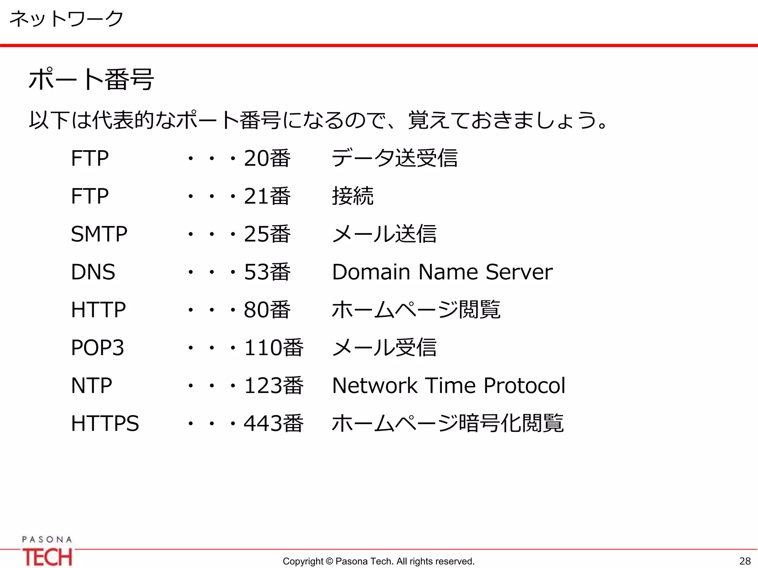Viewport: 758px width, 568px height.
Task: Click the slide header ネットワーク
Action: tap(66, 18)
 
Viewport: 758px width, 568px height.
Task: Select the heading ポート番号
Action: tap(91, 80)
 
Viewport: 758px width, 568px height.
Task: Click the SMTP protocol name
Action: tap(99, 234)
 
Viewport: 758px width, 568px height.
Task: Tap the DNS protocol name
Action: tap(93, 272)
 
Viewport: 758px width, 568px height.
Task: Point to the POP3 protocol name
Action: tap(97, 348)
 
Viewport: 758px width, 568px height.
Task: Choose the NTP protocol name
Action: tap(91, 386)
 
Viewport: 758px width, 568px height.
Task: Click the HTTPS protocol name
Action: tap(105, 423)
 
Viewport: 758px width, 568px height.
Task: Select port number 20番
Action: tap(267, 158)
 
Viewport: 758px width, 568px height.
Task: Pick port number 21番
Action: tap(267, 196)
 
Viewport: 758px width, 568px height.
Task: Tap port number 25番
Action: tap(267, 234)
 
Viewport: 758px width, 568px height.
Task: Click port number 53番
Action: tap(267, 272)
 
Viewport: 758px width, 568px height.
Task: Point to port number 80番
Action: tap(267, 310)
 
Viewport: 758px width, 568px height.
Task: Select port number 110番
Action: tap(274, 348)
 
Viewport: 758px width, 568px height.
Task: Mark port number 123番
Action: tap(274, 386)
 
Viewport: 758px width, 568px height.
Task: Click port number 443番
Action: tap(274, 423)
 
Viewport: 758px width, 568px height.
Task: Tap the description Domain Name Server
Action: tap(442, 272)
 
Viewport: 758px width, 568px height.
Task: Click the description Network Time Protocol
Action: tap(449, 386)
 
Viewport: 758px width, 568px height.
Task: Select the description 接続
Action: tap(353, 196)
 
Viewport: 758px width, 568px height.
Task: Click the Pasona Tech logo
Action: tap(47, 551)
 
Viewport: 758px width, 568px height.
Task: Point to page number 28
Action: tap(745, 561)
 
